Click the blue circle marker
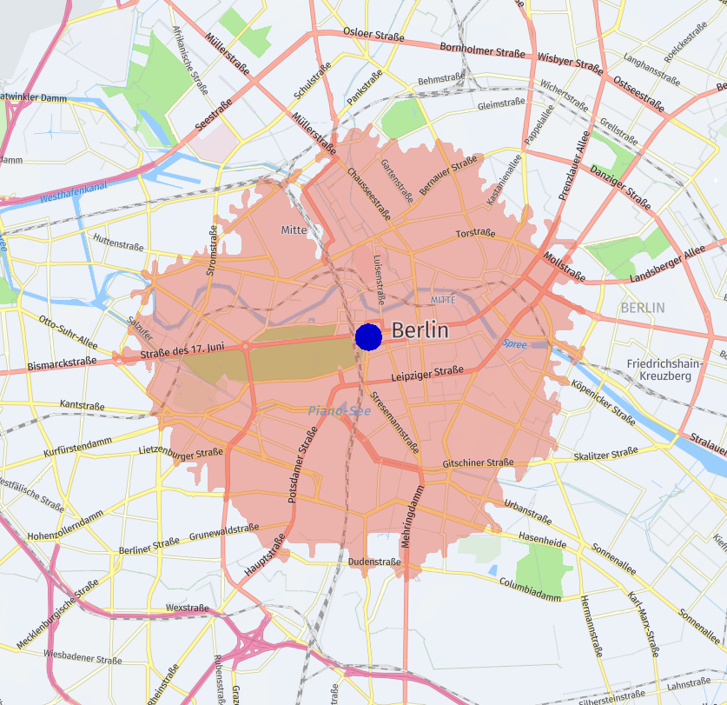point(368,337)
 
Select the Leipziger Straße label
point(427,374)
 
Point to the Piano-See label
point(340,410)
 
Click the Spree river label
point(515,344)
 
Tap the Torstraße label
point(475,234)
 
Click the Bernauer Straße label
point(448,175)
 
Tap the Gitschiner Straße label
point(478,463)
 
